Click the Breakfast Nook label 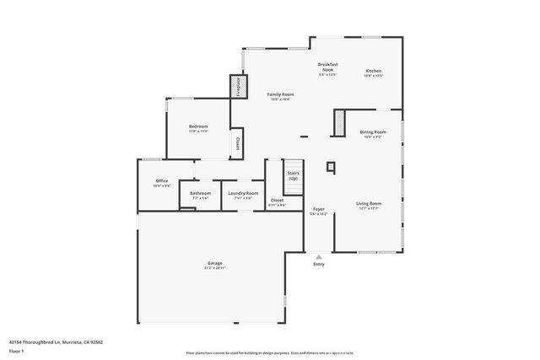click(327, 67)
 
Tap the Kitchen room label click(373, 70)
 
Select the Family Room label click(280, 94)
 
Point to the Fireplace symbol click(239, 86)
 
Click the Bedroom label click(197, 126)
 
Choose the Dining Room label click(373, 132)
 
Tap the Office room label click(161, 180)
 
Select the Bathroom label click(200, 193)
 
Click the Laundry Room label click(243, 193)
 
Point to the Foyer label click(319, 209)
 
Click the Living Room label click(369, 203)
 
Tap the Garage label click(215, 263)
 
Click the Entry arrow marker click(318, 256)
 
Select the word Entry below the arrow click(318, 265)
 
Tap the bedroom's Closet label click(238, 143)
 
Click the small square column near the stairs click(331, 166)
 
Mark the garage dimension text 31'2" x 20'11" click(215, 268)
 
